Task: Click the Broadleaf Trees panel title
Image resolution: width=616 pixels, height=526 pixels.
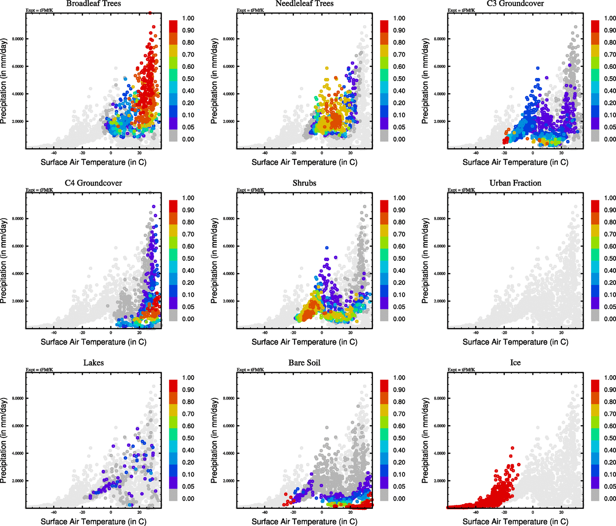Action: point(93,4)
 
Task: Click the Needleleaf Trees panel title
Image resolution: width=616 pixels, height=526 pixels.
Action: point(304,4)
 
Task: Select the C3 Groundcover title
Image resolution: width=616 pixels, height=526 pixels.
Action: point(515,4)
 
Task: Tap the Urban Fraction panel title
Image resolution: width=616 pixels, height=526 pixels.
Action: point(515,183)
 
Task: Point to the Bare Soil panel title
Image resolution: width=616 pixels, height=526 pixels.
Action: point(304,363)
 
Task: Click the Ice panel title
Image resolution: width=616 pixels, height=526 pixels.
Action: point(515,363)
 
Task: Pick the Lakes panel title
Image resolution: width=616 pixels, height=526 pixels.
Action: point(93,363)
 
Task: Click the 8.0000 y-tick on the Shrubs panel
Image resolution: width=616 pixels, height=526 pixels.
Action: point(229,219)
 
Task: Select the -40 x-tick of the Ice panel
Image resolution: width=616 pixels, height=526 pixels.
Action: point(475,512)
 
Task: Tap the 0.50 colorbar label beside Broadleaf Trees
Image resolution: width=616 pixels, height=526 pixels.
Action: point(188,79)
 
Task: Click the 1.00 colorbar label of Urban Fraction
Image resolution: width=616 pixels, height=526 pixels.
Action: point(610,198)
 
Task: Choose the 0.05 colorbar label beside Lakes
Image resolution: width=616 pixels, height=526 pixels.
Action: point(188,487)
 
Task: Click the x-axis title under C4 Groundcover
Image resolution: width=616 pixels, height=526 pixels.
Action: point(93,342)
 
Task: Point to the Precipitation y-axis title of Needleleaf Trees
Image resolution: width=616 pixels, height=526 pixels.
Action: point(214,81)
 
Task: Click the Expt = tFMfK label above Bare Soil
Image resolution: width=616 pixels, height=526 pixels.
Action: point(250,370)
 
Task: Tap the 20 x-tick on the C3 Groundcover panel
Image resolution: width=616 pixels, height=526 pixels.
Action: point(561,153)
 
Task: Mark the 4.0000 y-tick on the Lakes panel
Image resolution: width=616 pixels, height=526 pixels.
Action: point(18,454)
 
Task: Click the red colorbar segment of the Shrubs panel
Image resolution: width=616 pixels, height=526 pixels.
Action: point(384,206)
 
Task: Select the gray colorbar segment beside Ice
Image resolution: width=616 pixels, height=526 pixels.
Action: point(595,495)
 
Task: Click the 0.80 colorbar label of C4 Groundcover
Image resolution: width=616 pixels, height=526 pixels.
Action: point(188,222)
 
